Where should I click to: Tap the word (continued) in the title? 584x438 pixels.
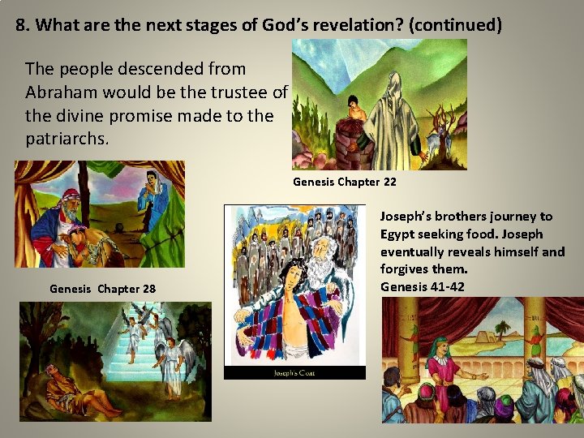[455, 25]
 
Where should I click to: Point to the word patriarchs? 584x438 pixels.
[67, 139]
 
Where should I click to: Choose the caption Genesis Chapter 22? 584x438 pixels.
[344, 182]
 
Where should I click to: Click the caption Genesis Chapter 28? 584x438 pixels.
[102, 289]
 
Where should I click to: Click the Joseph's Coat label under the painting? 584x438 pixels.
[294, 373]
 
